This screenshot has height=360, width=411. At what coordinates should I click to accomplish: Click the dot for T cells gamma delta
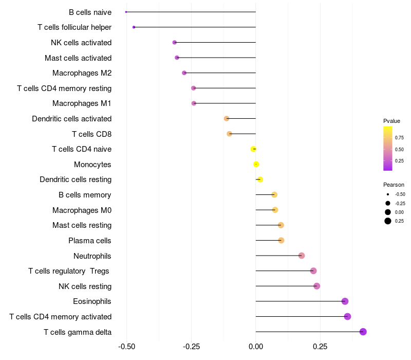pyautogui.click(x=363, y=332)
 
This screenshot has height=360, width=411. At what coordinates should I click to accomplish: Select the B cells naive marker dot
pyautogui.click(x=126, y=12)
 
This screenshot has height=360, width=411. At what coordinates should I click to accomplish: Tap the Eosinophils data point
pyautogui.click(x=345, y=301)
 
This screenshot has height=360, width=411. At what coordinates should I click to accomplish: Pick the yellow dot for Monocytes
pyautogui.click(x=256, y=165)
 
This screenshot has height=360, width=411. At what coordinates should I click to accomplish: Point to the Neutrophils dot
pyautogui.click(x=302, y=256)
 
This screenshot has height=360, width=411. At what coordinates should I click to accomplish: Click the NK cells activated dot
pyautogui.click(x=175, y=42)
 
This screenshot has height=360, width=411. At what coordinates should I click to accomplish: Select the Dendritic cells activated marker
pyautogui.click(x=227, y=119)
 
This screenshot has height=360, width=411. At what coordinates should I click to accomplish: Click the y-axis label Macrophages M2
pyautogui.click(x=82, y=73)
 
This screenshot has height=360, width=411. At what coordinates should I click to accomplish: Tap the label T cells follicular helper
pyautogui.click(x=74, y=27)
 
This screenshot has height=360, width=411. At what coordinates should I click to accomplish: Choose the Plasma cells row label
pyautogui.click(x=90, y=241)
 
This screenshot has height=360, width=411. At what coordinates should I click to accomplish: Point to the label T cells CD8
pyautogui.click(x=91, y=134)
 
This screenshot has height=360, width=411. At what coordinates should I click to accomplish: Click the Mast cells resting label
pyautogui.click(x=82, y=225)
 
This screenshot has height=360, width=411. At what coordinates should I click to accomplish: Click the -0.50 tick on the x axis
pyautogui.click(x=127, y=347)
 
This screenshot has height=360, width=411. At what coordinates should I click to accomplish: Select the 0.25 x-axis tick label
pyautogui.click(x=320, y=347)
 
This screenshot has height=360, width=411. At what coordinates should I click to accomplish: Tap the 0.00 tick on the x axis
pyautogui.click(x=256, y=347)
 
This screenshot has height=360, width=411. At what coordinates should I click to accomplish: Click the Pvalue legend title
pyautogui.click(x=391, y=121)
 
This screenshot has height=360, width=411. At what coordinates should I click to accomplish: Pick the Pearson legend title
pyautogui.click(x=394, y=185)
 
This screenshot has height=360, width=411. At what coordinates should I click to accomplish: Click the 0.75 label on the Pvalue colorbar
pyautogui.click(x=399, y=137)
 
